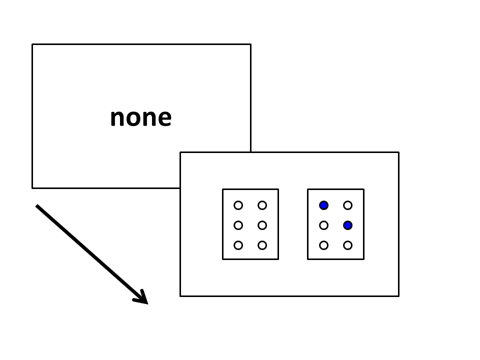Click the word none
(x=141, y=118)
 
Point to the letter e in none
(x=164, y=118)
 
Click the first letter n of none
(x=117, y=118)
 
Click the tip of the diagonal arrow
(x=148, y=304)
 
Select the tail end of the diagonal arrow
(x=36, y=205)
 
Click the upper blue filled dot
(x=323, y=205)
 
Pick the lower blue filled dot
(x=347, y=225)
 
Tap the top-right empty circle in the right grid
(x=347, y=205)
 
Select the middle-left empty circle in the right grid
(x=323, y=225)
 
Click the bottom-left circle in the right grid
(x=323, y=245)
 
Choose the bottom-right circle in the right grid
(x=347, y=245)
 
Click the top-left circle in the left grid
(x=238, y=205)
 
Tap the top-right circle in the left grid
(x=262, y=205)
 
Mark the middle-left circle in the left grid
(x=238, y=225)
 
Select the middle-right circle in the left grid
(x=262, y=225)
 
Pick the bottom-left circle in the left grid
(x=238, y=245)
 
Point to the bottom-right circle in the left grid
(x=262, y=245)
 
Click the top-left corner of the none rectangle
(x=32, y=44)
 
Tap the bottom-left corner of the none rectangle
(x=32, y=188)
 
